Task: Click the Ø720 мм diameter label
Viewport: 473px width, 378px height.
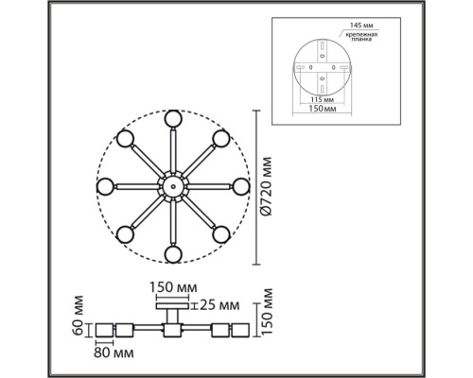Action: (267, 186)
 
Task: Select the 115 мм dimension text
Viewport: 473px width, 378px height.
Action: (321, 100)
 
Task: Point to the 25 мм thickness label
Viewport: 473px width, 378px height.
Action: (219, 305)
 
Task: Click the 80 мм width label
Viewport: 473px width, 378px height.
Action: (114, 352)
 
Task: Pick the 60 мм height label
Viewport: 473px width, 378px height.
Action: (78, 315)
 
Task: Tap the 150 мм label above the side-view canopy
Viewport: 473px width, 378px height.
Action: (173, 287)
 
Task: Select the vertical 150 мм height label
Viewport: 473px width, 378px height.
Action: (267, 311)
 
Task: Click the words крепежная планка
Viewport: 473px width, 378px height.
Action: (361, 37)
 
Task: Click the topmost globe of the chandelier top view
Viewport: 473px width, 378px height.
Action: (173, 119)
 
